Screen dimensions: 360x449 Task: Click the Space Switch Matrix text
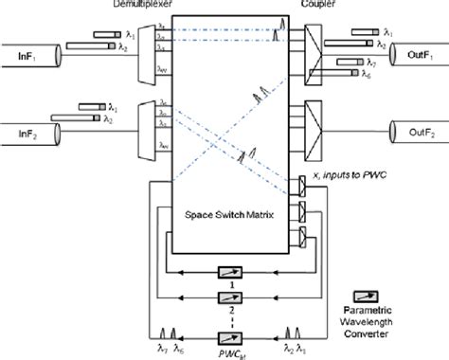[224, 217]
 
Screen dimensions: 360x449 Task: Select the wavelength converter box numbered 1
[227, 274]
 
